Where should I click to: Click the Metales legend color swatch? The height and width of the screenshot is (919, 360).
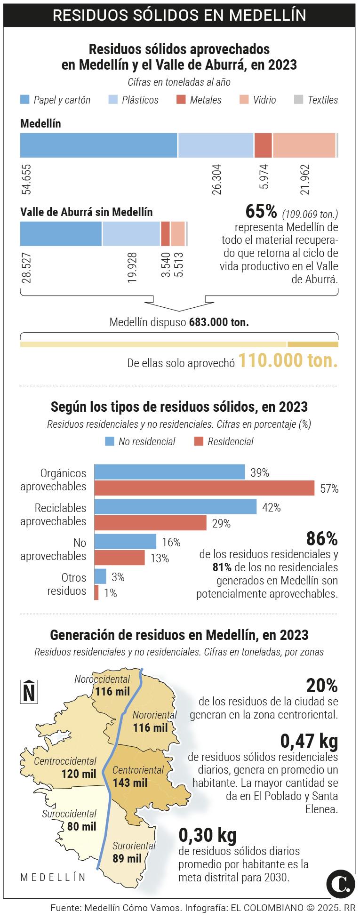[181, 100]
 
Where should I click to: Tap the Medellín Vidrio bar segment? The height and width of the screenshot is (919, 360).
[304, 145]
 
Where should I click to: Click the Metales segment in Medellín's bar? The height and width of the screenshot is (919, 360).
[263, 145]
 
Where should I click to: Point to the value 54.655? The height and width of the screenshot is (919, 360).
[26, 179]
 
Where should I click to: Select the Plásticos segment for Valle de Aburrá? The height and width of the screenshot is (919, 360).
[131, 234]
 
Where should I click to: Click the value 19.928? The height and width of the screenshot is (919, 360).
[132, 267]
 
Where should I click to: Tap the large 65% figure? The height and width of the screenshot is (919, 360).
[261, 212]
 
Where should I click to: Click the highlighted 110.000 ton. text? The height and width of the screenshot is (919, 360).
[288, 361]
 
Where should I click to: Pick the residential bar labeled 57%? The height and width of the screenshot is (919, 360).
[204, 488]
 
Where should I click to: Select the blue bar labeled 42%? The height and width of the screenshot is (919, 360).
[176, 507]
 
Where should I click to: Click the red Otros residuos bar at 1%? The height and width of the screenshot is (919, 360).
[96, 592]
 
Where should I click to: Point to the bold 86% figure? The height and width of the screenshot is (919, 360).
[322, 538]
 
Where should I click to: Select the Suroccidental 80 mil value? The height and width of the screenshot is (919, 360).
[81, 827]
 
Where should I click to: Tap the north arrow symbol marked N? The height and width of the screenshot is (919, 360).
[29, 692]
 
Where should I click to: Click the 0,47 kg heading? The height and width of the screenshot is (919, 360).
[309, 741]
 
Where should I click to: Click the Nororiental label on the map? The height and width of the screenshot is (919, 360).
[154, 715]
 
